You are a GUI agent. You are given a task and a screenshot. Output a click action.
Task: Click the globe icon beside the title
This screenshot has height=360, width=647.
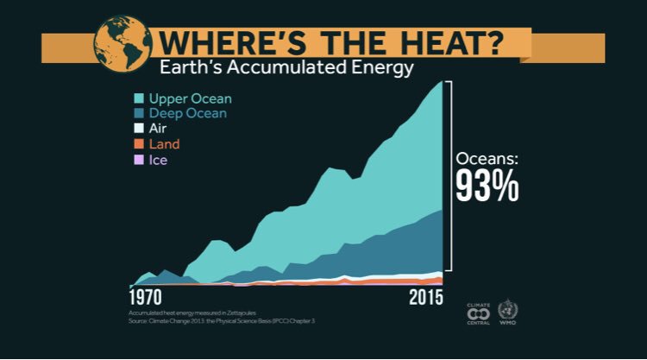coord(120,40)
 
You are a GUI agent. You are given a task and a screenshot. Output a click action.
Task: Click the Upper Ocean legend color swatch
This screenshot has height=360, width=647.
coord(137,98)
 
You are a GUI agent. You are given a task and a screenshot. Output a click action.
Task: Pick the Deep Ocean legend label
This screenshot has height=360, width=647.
coord(189,113)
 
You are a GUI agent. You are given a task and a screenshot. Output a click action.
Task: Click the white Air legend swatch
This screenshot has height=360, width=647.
coord(137,129)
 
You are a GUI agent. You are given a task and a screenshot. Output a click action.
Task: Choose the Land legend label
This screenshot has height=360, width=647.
coord(164,144)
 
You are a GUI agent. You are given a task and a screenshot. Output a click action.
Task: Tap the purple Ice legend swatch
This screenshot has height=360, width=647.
coord(137,160)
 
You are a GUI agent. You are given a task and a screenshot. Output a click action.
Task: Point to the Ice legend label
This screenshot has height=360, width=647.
coord(158,160)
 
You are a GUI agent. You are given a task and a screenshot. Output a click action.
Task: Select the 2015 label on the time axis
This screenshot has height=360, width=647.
coord(425,298)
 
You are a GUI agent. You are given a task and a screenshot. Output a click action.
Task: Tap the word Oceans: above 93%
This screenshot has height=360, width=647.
coord(487,159)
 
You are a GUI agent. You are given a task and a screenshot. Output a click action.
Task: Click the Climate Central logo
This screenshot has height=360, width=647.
coord(478,313)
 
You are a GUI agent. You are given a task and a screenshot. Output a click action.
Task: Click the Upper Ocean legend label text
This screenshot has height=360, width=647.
coord(190,98)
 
